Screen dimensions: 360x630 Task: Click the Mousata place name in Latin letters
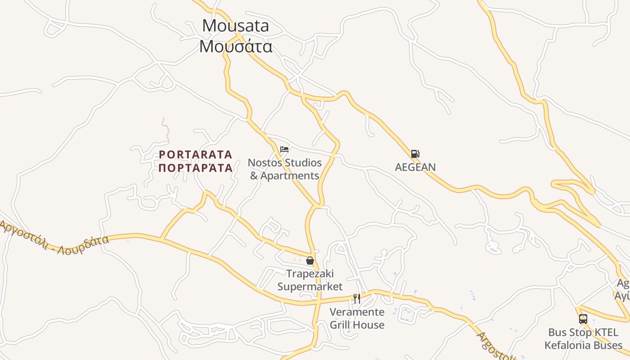(235, 26)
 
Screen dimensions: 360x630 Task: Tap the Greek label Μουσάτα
(236, 46)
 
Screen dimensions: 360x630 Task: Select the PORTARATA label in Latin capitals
(196, 155)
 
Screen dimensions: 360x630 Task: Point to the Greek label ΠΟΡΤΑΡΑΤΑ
(196, 168)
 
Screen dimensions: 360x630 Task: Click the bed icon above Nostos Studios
(284, 149)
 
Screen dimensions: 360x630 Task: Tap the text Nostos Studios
(285, 162)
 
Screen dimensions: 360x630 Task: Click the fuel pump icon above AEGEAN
(415, 154)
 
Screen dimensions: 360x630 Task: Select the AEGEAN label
(415, 167)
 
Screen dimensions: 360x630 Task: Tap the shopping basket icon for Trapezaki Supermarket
(310, 261)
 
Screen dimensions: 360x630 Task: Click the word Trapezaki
(310, 274)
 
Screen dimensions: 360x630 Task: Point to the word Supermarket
(310, 287)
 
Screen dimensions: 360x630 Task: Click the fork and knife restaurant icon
(357, 298)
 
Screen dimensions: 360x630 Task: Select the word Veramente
(357, 312)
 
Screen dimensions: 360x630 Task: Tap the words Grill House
(357, 325)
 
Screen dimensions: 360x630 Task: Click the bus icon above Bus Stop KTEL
(583, 319)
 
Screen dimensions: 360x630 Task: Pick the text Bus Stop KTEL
(583, 333)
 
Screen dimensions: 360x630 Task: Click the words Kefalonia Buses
(583, 346)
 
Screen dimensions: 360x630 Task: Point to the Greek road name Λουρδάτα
(83, 243)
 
